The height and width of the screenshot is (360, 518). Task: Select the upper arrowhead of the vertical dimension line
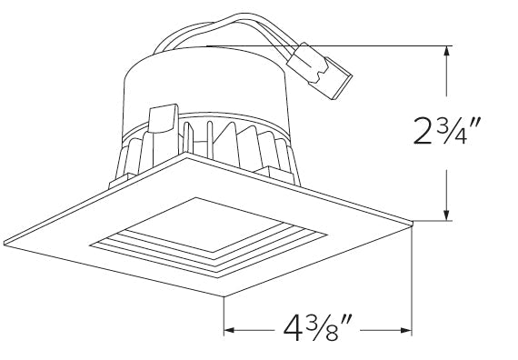pos(446,51)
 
